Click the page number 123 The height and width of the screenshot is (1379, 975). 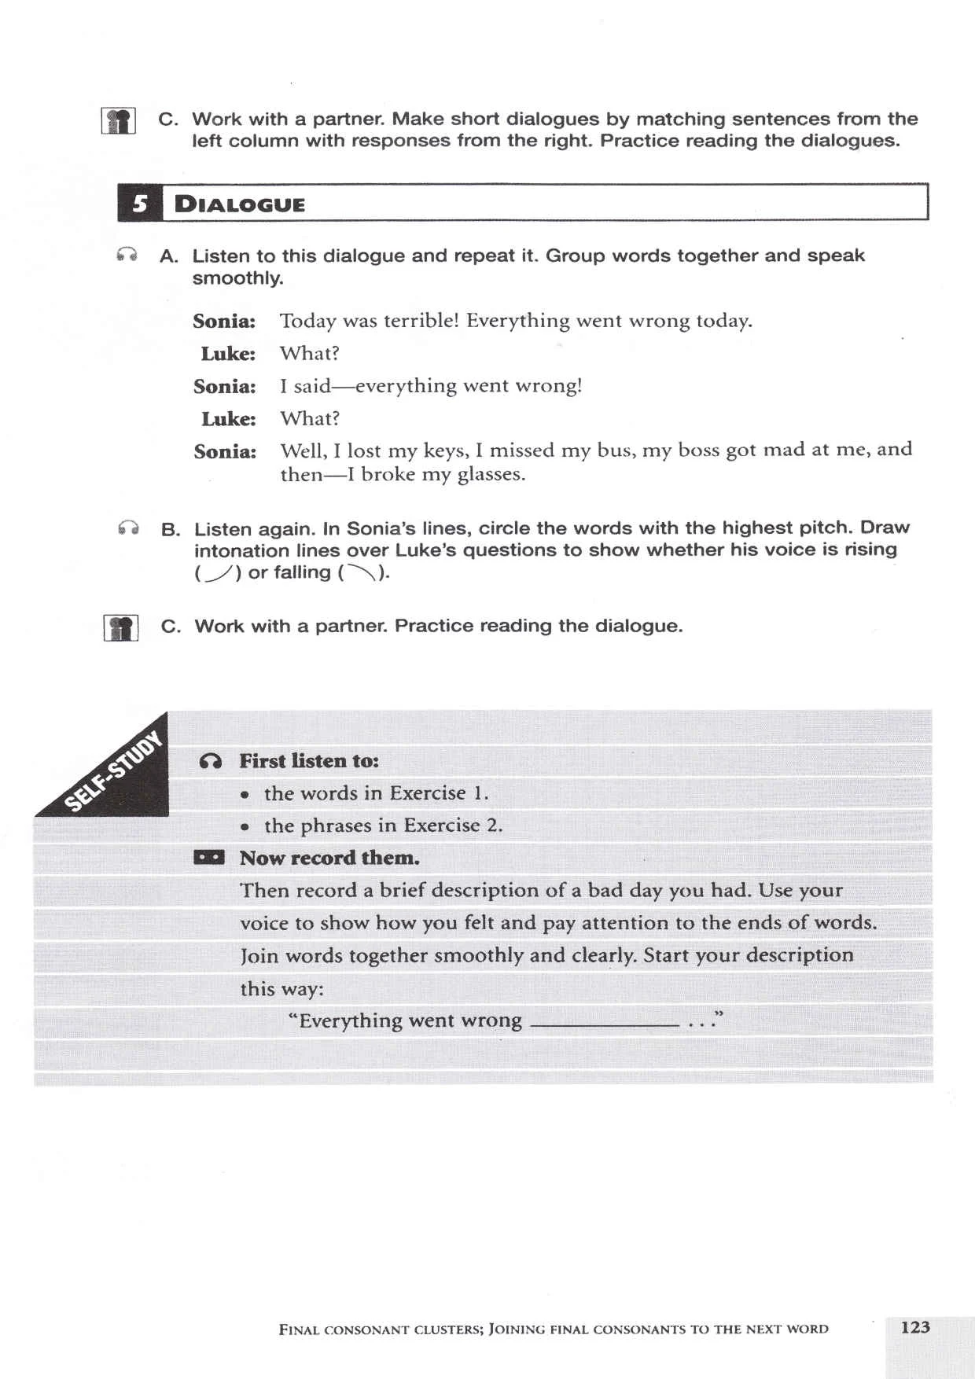[x=914, y=1327]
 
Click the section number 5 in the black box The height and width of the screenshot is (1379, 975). [x=140, y=204]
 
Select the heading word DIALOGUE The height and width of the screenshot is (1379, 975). [x=240, y=205]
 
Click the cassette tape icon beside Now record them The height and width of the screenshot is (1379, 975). [x=209, y=857]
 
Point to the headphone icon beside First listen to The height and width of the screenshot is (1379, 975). [x=211, y=761]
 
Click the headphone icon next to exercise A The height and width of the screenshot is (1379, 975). [x=127, y=255]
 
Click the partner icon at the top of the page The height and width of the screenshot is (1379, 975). [x=119, y=121]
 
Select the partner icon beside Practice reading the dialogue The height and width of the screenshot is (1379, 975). [x=121, y=628]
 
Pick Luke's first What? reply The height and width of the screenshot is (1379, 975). [x=310, y=354]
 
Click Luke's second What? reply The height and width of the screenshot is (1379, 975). [x=310, y=418]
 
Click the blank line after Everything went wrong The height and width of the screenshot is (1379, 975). [x=604, y=1024]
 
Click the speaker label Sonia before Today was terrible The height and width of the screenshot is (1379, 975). [x=224, y=322]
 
